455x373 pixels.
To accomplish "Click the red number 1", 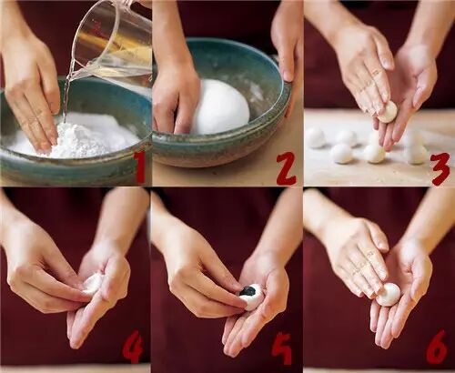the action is tap(139, 166).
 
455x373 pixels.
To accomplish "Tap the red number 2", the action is tap(286, 168).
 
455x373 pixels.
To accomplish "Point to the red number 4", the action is tap(133, 347).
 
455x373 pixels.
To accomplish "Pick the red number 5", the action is tap(282, 348).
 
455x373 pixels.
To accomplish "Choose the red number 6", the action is tap(437, 347).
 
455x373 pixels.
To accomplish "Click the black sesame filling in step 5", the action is tap(248, 291).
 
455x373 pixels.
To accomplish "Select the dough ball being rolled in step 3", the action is tap(388, 112).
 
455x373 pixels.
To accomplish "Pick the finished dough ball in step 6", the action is tap(389, 295).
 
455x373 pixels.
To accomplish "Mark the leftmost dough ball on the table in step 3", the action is tap(316, 138).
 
